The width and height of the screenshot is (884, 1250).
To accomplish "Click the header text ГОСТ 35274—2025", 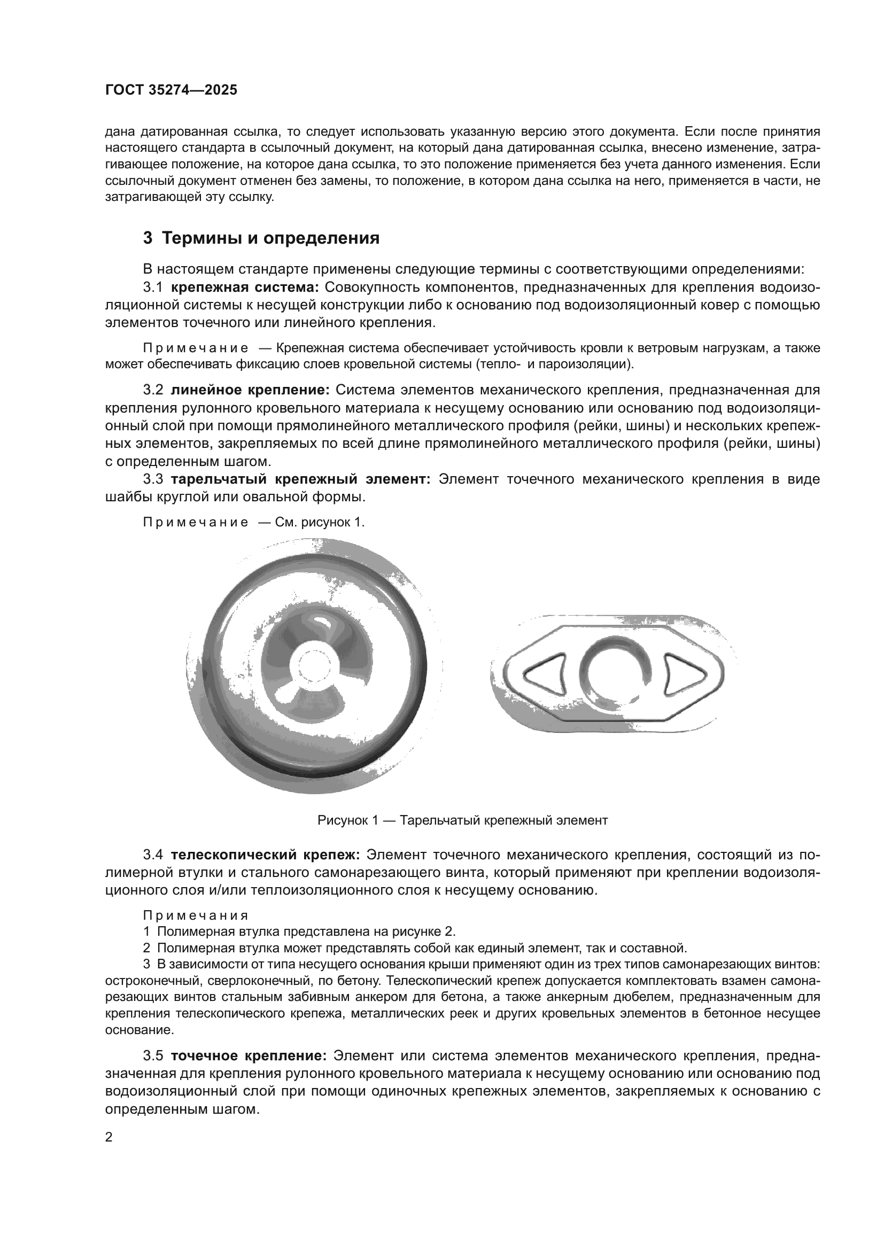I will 172,90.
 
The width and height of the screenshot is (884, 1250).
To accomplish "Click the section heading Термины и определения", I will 270,238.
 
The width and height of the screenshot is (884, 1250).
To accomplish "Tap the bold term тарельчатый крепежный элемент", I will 300,479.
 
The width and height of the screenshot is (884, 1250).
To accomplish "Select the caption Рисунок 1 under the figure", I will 462,820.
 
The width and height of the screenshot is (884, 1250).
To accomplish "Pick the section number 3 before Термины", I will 148,238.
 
